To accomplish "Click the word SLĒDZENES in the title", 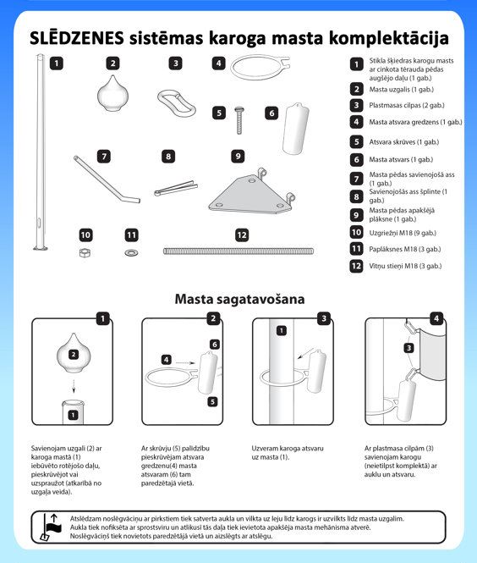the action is coord(77,38).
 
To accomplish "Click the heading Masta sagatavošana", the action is coord(239,299).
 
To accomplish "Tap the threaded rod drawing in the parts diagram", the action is coord(238,251).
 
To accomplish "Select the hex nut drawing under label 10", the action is coord(85,253).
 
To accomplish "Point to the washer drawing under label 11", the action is coord(131,253).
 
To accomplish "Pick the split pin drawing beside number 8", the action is coord(176,188).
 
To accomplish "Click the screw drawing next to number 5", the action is coord(238,120).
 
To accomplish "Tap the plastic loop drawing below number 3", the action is coord(177,103).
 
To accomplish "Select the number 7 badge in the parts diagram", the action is coord(104,157).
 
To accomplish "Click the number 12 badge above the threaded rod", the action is coord(242,235).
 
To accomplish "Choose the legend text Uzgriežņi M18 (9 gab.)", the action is coord(403,233).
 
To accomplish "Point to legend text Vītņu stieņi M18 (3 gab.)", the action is coord(405,266).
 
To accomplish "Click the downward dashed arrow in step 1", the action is coord(74,386).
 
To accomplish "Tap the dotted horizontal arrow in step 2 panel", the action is coord(186,363).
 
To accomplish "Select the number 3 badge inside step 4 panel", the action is coord(408,348).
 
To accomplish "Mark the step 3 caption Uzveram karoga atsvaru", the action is coord(288,449).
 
